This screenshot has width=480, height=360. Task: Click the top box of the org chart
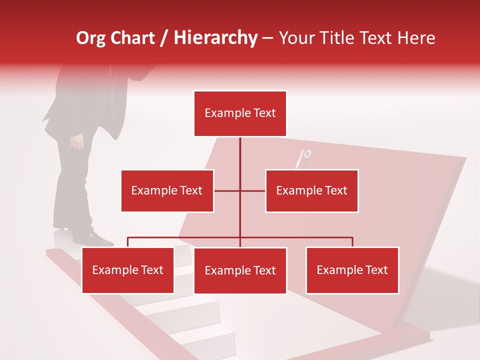pos(240,113)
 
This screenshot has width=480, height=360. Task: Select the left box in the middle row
pos(167,190)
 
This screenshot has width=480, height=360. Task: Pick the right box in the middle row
pos(311,190)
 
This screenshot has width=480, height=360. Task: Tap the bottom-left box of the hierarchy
pos(127,270)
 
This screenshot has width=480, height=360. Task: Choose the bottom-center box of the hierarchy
pos(240,270)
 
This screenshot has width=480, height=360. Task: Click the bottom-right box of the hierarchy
pos(352,270)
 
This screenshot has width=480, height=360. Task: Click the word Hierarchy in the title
pos(215,38)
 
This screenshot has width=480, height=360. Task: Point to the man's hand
pos(77,142)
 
